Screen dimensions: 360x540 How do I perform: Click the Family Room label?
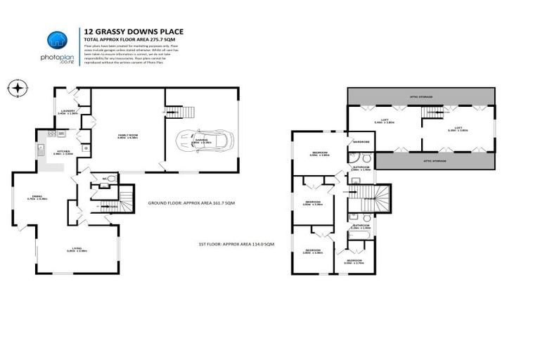click(127, 136)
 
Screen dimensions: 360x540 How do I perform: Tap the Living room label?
click(77, 249)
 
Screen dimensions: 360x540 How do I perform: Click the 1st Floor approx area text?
click(236, 243)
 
